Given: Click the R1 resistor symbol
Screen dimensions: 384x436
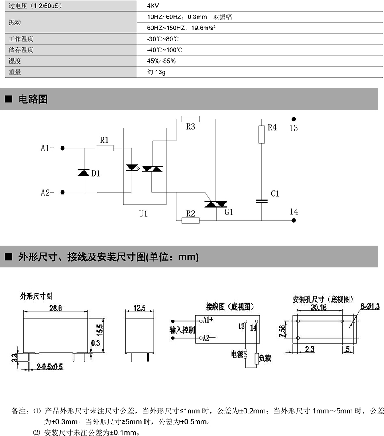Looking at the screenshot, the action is (x=105, y=148).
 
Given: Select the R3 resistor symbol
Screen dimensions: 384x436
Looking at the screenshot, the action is (x=190, y=119).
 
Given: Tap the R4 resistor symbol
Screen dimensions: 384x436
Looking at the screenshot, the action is (x=262, y=134).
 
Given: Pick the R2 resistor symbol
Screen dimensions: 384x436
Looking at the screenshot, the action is (x=190, y=221).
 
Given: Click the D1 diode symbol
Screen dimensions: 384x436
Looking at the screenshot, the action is (x=84, y=173).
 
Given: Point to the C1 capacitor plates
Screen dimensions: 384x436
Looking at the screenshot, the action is (x=262, y=201).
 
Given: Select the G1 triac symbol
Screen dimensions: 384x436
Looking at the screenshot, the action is (x=216, y=204).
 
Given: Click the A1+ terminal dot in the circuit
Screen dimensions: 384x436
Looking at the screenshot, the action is (x=63, y=148).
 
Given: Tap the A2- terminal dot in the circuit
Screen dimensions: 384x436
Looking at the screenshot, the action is (x=63, y=192).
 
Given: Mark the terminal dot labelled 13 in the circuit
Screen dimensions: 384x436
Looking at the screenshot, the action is (x=294, y=119).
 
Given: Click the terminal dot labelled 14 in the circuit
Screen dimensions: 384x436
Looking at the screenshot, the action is (x=294, y=221).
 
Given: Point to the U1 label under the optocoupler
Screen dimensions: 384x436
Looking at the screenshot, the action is (x=143, y=214).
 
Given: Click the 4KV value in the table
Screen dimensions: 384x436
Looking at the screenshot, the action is (x=153, y=6).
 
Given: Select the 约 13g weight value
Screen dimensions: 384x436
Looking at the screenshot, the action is (x=156, y=72).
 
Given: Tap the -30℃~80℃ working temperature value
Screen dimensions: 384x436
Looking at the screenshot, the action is (x=163, y=39).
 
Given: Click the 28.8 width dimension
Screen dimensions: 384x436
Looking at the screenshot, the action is (x=55, y=308).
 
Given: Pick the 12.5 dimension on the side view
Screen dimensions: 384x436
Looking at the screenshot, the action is (x=140, y=308).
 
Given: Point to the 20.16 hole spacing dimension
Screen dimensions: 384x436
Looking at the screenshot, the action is (x=319, y=307).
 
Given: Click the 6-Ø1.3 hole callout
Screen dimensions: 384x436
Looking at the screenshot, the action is (x=370, y=306).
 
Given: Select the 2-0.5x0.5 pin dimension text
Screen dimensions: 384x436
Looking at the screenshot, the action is (x=49, y=367).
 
